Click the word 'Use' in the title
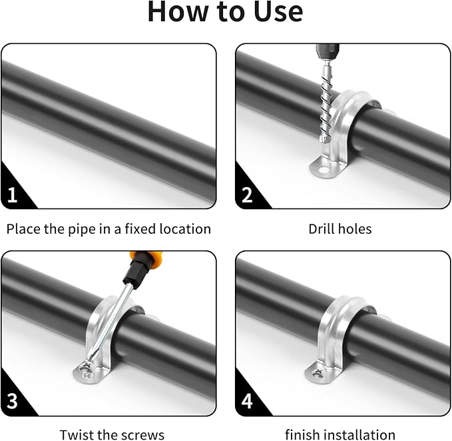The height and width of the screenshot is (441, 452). pyautogui.click(x=274, y=12)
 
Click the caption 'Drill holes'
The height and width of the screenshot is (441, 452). pyautogui.click(x=339, y=229)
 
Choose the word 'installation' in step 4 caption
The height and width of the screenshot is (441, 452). pyautogui.click(x=359, y=435)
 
